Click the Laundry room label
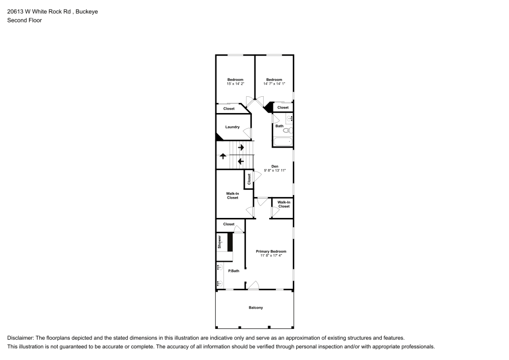click(x=232, y=127)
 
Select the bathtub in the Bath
click(x=282, y=142)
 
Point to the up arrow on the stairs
click(x=223, y=156)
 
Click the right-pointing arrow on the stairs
click(x=241, y=148)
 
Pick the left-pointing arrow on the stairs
click(x=241, y=162)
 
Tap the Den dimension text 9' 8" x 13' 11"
click(x=275, y=171)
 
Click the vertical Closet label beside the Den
click(x=249, y=179)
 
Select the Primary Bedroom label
click(x=271, y=251)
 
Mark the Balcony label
click(x=256, y=308)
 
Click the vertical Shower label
click(x=220, y=241)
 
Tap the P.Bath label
click(x=233, y=270)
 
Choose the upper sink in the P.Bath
click(x=219, y=267)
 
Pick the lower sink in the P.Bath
click(x=219, y=283)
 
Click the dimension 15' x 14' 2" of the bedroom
click(x=235, y=84)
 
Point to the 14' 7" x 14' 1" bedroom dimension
click(x=274, y=84)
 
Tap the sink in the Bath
click(x=290, y=119)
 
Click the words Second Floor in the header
click(x=24, y=20)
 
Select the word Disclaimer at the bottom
click(x=21, y=338)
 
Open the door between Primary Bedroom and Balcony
click(x=253, y=286)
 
